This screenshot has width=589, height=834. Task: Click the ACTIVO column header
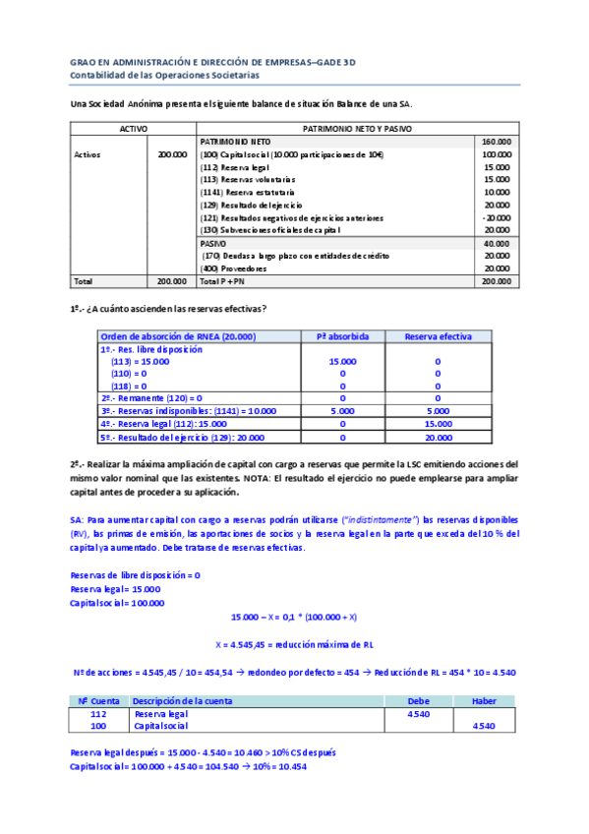click(133, 129)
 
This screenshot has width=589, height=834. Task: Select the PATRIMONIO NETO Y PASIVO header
click(357, 129)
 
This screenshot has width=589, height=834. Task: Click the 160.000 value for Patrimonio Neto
click(496, 142)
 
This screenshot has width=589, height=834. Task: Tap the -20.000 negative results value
click(497, 217)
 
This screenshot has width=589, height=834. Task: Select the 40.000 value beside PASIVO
click(497, 242)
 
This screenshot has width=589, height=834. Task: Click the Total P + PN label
click(221, 280)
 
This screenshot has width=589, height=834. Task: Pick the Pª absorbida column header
click(341, 336)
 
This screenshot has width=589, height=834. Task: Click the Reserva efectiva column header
click(438, 336)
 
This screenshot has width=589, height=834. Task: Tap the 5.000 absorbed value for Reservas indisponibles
click(341, 410)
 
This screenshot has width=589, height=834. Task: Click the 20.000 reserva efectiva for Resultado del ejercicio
click(438, 436)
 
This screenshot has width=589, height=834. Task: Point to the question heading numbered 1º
click(168, 308)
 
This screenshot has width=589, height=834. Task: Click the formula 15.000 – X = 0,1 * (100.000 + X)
click(294, 617)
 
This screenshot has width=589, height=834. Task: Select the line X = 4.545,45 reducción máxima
click(294, 644)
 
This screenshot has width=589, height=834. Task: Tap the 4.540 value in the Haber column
click(484, 726)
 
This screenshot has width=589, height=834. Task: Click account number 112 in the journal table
click(98, 713)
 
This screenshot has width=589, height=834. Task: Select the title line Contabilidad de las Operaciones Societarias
click(165, 75)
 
